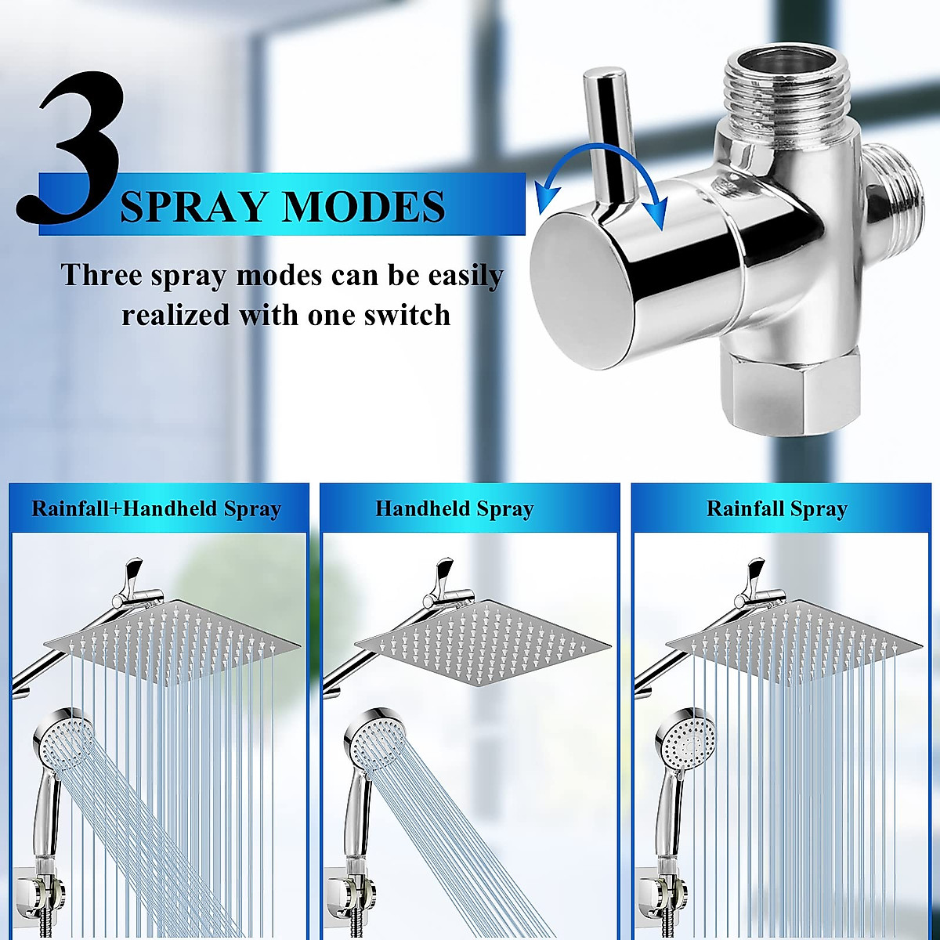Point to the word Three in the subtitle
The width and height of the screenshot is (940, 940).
(x=101, y=276)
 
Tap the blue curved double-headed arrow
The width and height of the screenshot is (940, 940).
(x=599, y=176)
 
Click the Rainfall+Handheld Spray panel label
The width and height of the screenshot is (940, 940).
(x=156, y=509)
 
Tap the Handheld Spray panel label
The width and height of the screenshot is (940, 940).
(x=454, y=509)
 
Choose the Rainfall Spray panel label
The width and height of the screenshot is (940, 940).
(x=777, y=509)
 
